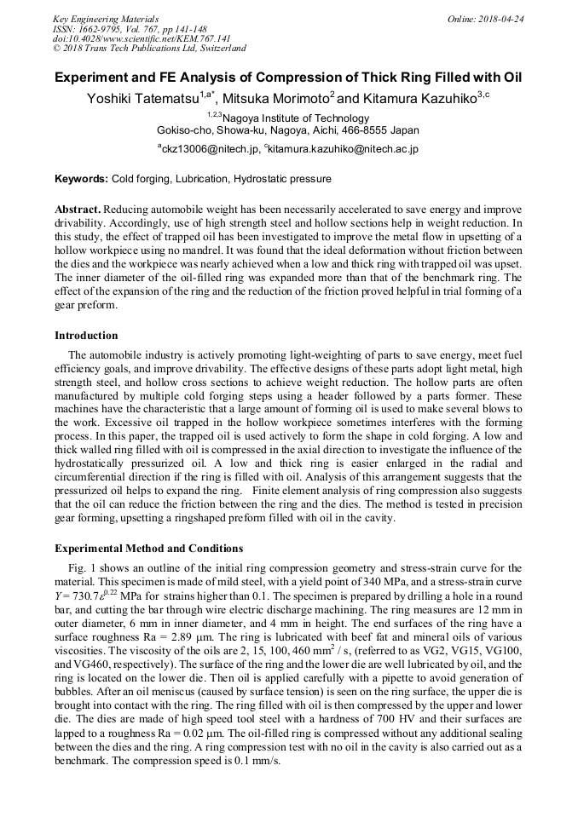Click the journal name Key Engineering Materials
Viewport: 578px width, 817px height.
click(106, 19)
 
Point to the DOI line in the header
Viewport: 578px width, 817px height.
click(142, 38)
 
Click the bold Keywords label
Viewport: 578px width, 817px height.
click(82, 179)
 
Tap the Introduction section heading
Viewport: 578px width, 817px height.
click(86, 336)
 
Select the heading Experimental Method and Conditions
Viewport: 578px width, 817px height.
click(148, 548)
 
